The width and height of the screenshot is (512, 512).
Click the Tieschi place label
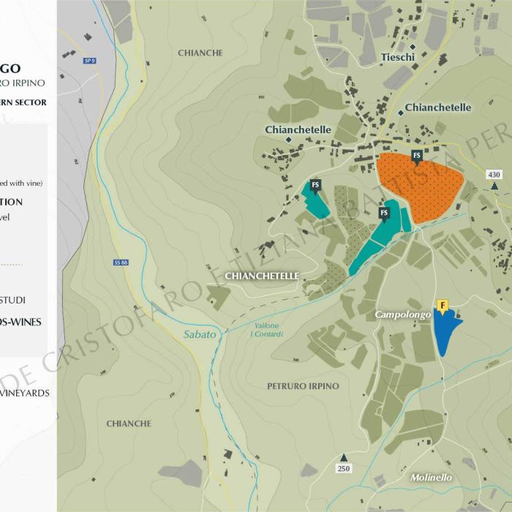tap(398, 57)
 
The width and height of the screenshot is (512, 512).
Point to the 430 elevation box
tap(494, 174)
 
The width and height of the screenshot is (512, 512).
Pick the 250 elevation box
tap(343, 467)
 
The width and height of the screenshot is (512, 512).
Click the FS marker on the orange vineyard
tap(417, 155)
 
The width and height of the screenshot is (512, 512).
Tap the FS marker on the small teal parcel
tap(315, 184)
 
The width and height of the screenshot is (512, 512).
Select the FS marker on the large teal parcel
tap(384, 213)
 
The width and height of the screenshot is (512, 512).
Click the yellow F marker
tap(442, 305)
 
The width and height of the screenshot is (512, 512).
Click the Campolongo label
tap(402, 314)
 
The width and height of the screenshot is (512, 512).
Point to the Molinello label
tap(431, 478)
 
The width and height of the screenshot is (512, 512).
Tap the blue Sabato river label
tap(200, 334)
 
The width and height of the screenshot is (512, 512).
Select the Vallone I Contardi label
tap(266, 331)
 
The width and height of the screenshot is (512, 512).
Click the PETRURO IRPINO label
tap(303, 385)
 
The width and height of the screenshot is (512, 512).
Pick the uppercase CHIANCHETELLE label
tap(262, 276)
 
